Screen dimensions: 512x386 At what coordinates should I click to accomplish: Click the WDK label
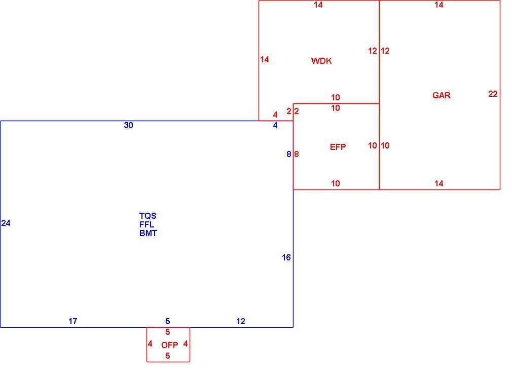321,61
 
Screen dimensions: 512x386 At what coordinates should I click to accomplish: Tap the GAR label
442,95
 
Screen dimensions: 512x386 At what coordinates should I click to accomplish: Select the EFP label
338,147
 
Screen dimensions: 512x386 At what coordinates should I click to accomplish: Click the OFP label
170,345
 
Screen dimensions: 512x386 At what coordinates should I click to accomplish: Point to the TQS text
148,216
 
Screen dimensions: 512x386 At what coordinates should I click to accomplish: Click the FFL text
147,224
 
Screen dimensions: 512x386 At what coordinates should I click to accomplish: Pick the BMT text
148,234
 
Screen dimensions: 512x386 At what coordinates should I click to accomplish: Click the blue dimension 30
128,125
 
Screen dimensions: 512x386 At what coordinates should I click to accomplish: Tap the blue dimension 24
6,223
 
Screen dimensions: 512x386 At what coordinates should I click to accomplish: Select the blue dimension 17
73,321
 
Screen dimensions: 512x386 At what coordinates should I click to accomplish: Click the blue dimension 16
286,258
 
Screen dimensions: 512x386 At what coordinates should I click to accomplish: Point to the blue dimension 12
241,321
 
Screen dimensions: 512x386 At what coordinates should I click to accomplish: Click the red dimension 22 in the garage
493,94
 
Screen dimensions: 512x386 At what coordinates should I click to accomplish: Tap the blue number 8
288,154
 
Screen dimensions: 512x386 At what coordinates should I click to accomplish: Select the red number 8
297,154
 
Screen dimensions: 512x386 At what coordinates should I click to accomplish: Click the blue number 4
275,125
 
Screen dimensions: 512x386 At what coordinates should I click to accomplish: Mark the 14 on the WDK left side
265,59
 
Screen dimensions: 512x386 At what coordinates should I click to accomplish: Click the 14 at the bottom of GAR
439,183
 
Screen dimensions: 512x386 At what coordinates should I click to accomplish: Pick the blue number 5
167,321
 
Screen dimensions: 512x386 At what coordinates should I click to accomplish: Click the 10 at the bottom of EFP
336,183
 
